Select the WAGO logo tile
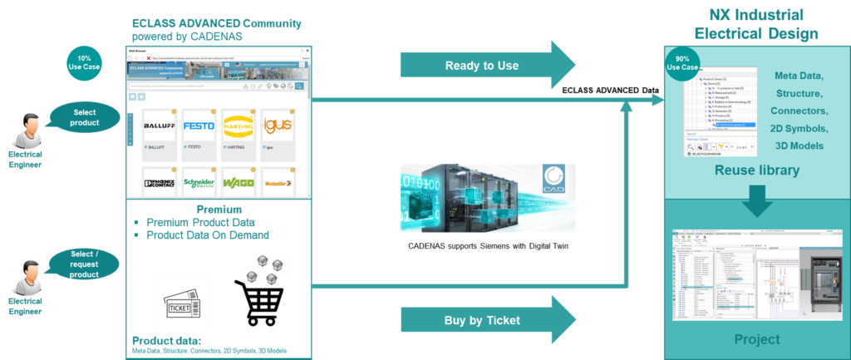tap(241, 183)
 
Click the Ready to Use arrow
tap(486, 66)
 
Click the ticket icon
tap(181, 303)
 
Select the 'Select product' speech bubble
tap(85, 117)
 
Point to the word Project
tap(757, 339)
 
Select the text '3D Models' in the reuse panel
tap(799, 145)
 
